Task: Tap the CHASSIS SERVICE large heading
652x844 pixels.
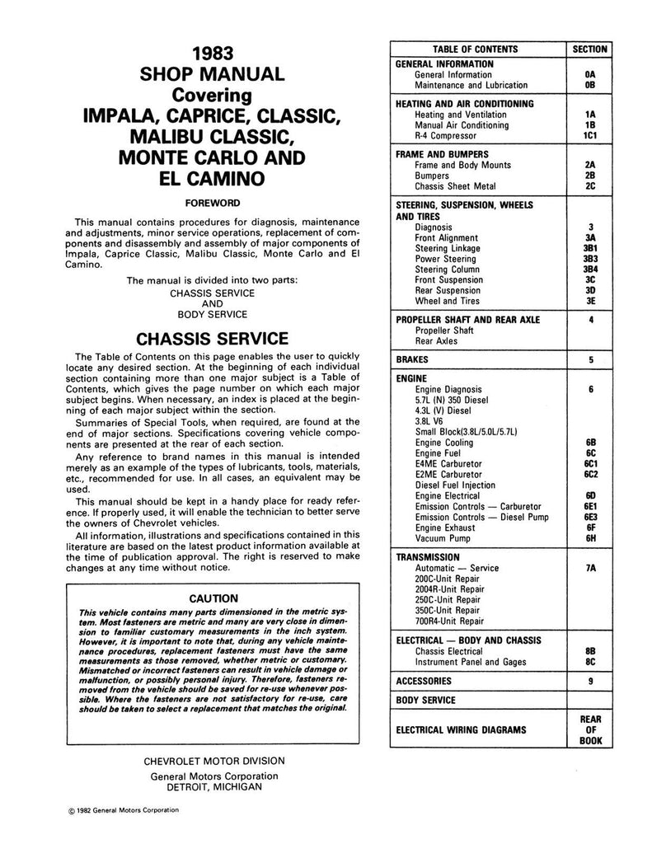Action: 213,339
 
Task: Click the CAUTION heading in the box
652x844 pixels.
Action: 213,598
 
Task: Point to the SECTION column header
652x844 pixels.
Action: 589,49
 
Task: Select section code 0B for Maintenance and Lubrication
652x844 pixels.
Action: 589,85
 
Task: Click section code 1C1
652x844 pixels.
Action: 589,135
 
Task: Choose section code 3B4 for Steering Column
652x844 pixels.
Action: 589,270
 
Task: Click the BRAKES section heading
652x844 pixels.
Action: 412,360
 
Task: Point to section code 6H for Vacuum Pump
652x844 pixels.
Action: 589,537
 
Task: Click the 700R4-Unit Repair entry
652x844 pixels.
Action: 449,621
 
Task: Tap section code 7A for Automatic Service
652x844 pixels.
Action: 589,568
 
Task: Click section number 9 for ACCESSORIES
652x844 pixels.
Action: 589,682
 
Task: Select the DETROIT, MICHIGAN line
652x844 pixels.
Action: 213,787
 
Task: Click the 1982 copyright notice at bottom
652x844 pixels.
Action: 124,810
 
